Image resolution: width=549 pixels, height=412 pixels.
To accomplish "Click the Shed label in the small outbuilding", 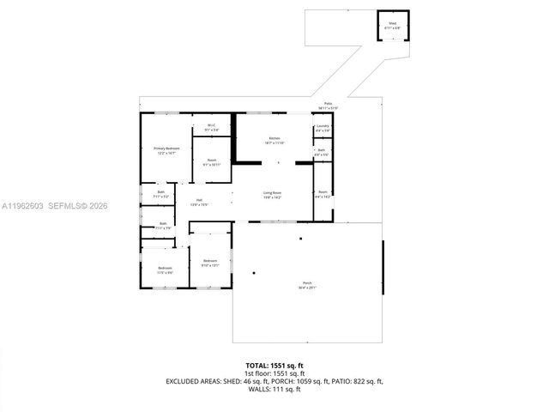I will point(392,25).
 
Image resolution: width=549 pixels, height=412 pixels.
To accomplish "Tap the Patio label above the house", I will point(328,106).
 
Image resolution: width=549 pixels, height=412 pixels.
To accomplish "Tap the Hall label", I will point(198,203).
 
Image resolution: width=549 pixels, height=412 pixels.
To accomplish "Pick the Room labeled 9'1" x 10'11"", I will point(211,161).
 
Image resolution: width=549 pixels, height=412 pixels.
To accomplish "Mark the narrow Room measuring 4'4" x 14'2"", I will point(322,194).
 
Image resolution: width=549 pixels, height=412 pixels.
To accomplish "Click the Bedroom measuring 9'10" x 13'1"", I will point(210,263).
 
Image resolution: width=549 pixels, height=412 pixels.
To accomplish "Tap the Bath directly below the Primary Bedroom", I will point(160,194).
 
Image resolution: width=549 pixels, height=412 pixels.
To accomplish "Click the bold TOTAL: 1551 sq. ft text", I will point(274,366).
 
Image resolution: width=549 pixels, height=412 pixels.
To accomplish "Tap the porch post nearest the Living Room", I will point(300,238).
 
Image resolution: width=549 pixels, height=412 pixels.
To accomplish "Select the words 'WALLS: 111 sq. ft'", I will point(274,389).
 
